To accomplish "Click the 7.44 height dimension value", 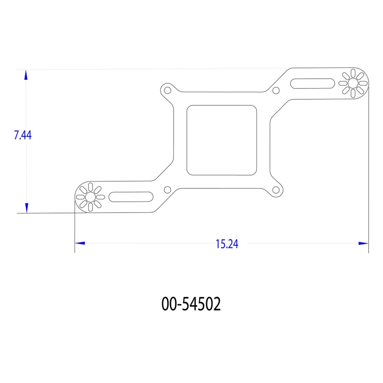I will pos(22,135).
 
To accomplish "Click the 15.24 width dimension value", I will pos(227,244).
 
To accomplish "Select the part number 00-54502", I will pos(191,304).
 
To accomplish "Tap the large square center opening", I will pos(222,140).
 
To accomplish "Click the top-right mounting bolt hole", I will pos(276,91).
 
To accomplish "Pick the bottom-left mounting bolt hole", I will pos(168,189).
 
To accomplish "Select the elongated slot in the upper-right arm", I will pos(313,83).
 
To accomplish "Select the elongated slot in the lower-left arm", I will pos(131,196).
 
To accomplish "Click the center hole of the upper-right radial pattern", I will pos(353,83).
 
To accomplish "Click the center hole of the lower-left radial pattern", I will pos(90,197).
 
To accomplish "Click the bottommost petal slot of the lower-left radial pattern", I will pos(90,206).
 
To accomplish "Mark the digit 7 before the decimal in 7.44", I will pos(16,135).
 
